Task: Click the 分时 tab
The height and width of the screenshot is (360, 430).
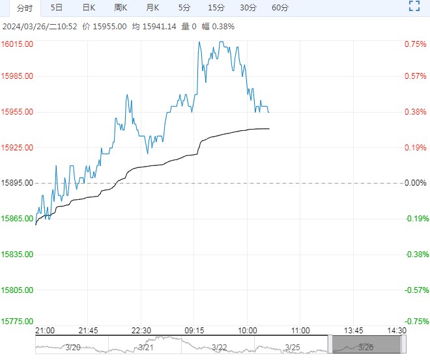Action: (23, 8)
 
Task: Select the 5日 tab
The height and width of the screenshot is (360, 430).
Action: (57, 8)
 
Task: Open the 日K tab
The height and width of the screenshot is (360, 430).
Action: (89, 8)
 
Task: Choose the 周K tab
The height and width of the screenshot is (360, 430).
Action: (121, 8)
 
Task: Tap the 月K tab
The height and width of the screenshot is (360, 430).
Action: (152, 8)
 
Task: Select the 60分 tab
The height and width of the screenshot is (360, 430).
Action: (279, 8)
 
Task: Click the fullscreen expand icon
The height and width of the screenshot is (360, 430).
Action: (414, 7)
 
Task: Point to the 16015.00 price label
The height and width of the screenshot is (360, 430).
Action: (19, 44)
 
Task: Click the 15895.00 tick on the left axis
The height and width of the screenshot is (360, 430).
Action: (19, 183)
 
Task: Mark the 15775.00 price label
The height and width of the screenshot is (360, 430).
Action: (19, 322)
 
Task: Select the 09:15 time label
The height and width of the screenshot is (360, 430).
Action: (195, 330)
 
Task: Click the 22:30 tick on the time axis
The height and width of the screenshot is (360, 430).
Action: (142, 330)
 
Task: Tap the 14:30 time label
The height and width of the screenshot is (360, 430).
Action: (396, 330)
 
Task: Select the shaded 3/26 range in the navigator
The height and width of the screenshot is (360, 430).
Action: (365, 345)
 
